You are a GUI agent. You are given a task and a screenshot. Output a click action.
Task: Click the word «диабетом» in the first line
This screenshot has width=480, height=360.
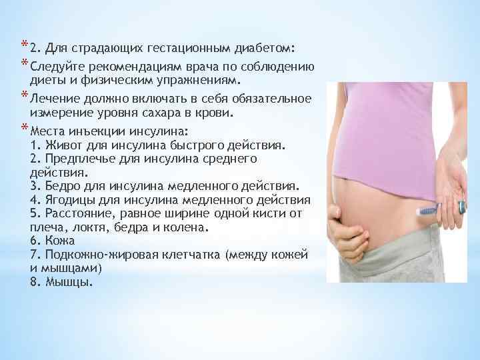267,49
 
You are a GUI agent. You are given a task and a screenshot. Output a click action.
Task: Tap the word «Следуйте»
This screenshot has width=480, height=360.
55,65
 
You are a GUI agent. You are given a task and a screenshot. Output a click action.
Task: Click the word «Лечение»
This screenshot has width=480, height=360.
55,98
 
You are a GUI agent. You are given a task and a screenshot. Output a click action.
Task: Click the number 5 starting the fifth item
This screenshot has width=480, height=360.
34,213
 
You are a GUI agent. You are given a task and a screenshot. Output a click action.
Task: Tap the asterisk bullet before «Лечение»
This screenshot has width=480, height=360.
24,95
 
